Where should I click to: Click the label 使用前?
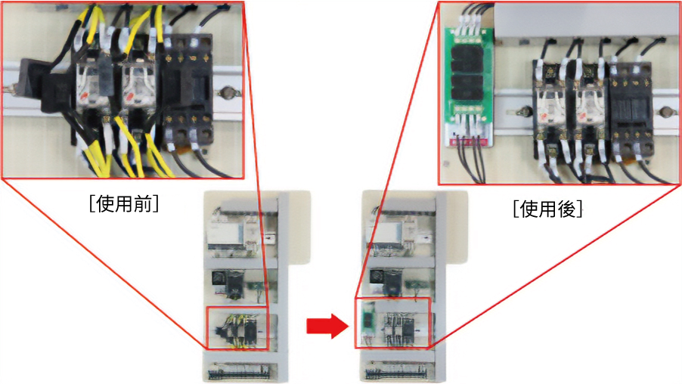coord(124,204)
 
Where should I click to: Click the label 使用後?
coord(547,209)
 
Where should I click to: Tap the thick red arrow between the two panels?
coord(327,326)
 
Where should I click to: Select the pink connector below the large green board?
coord(469,142)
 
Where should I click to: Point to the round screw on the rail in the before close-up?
coord(227,93)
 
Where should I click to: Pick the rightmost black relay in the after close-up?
coord(631,111)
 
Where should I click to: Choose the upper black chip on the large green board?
coord(467,60)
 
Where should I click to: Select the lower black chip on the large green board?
coord(467,88)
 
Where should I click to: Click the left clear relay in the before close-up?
coord(93,82)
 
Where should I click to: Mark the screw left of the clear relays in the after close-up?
coord(522,112)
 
